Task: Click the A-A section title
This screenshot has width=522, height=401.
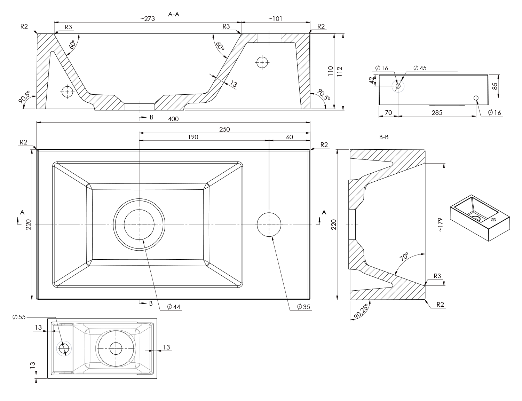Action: [x=174, y=14]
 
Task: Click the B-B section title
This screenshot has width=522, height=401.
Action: [x=384, y=137]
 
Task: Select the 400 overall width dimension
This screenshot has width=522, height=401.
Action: [x=173, y=119]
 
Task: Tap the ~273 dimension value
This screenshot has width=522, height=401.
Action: [x=147, y=19]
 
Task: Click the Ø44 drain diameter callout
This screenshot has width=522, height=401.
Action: [x=174, y=307]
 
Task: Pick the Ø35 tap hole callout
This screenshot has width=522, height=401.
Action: [x=304, y=307]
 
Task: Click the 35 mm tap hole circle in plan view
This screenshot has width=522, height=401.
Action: [x=269, y=225]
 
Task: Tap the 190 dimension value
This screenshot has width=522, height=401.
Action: [x=193, y=137]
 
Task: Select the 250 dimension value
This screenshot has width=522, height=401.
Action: [x=224, y=129]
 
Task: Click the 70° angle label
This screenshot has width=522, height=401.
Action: [x=404, y=257]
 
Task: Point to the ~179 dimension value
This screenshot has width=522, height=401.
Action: [x=440, y=225]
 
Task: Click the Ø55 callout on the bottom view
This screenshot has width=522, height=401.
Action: [x=19, y=317]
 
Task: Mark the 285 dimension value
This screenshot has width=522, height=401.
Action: [x=437, y=112]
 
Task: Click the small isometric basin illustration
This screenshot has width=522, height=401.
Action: [x=480, y=219]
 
